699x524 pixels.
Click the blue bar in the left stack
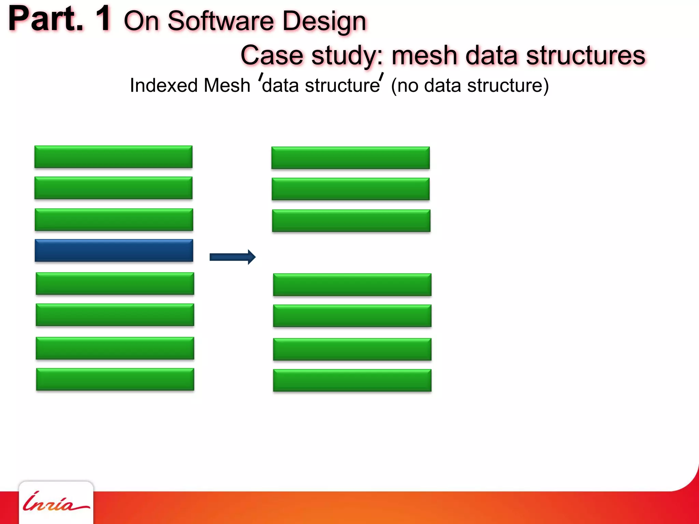(114, 250)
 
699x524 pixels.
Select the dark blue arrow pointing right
(232, 257)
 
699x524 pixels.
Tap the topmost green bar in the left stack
(113, 157)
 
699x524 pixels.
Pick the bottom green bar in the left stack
(115, 379)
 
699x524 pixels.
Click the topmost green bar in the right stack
(351, 158)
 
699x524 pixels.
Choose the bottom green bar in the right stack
(352, 380)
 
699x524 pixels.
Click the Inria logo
(56, 503)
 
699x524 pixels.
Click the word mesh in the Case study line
(424, 55)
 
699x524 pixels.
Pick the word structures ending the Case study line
(586, 55)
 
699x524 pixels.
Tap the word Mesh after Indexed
(227, 85)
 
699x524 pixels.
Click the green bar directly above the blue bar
(114, 219)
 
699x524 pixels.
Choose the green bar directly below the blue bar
(115, 283)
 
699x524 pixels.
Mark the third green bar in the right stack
(351, 220)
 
